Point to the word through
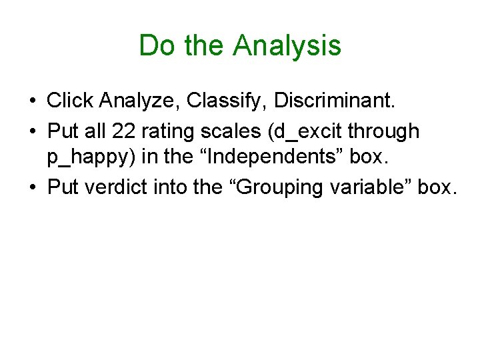[386, 131]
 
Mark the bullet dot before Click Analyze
[32, 102]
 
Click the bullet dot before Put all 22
[32, 132]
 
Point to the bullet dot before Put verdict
[32, 189]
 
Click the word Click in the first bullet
[70, 101]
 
